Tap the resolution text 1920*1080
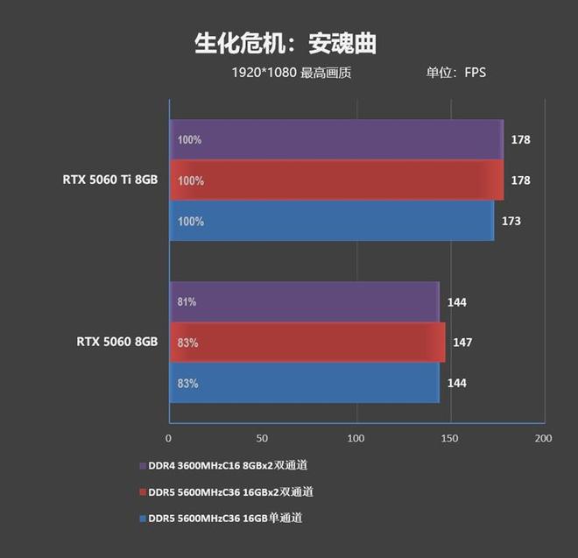point(260,73)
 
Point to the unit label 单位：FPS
point(455,73)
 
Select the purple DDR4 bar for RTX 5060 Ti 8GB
point(336,139)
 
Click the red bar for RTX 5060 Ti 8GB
point(336,180)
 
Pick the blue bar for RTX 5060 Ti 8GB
point(331,221)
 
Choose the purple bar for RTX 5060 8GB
point(304,302)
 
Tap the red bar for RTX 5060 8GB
point(307,343)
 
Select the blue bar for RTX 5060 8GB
point(304,383)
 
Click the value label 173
point(511,221)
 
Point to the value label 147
point(462,343)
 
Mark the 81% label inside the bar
point(187,302)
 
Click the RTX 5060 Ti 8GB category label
point(109,180)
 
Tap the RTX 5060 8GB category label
point(116,342)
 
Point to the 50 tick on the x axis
point(262,437)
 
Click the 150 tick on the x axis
point(449,437)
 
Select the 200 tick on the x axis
point(544,437)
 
